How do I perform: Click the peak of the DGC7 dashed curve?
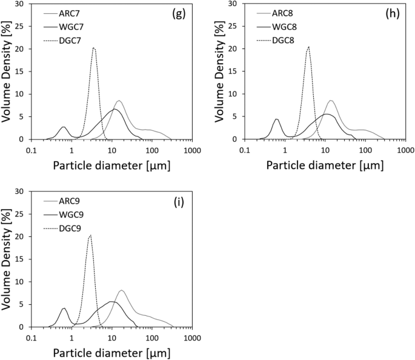(x=93, y=48)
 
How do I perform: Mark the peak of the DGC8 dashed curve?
(x=308, y=47)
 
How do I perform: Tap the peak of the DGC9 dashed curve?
(x=90, y=235)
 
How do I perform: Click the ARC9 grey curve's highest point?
(x=122, y=290)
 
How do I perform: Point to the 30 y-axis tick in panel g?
(x=22, y=4)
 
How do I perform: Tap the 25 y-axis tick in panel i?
(x=22, y=214)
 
